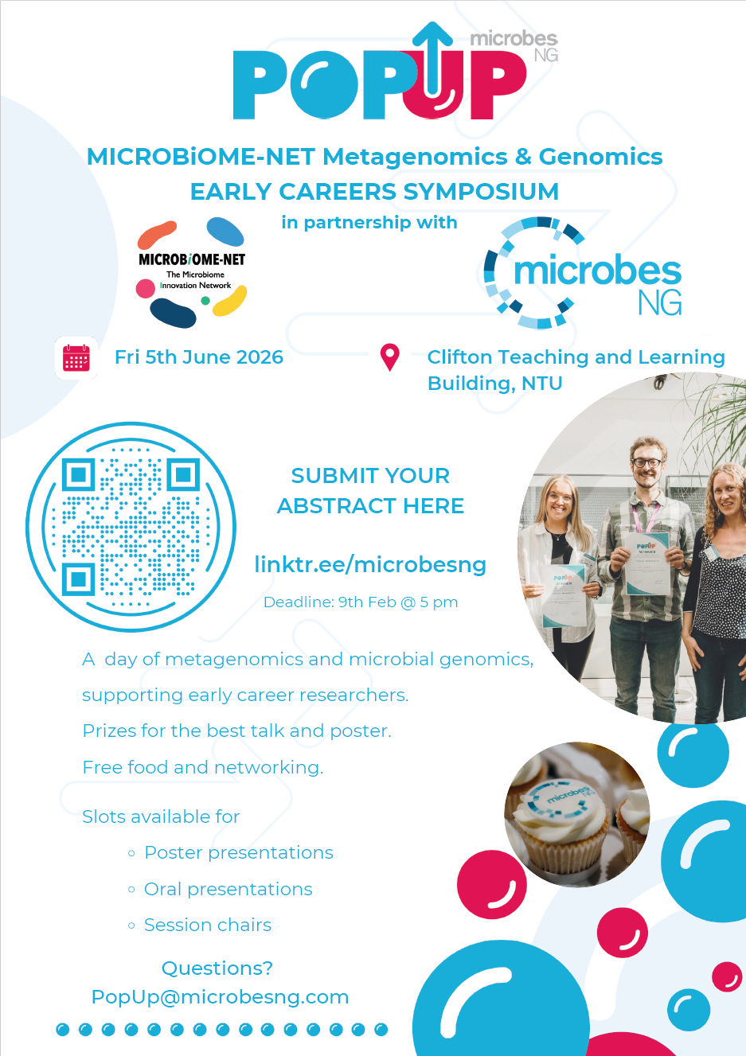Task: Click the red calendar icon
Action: [76, 358]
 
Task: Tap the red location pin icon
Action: [390, 357]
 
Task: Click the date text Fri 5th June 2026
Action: [199, 357]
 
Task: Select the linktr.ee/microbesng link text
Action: [370, 564]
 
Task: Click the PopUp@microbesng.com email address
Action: [221, 996]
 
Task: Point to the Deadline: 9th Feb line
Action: [361, 602]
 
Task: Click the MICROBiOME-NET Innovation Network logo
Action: [192, 272]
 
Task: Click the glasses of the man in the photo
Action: [647, 462]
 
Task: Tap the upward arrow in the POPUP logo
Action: [432, 59]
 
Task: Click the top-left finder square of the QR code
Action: [79, 473]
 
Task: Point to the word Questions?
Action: [217, 968]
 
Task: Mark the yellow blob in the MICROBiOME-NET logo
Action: [229, 301]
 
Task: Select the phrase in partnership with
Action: [369, 223]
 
